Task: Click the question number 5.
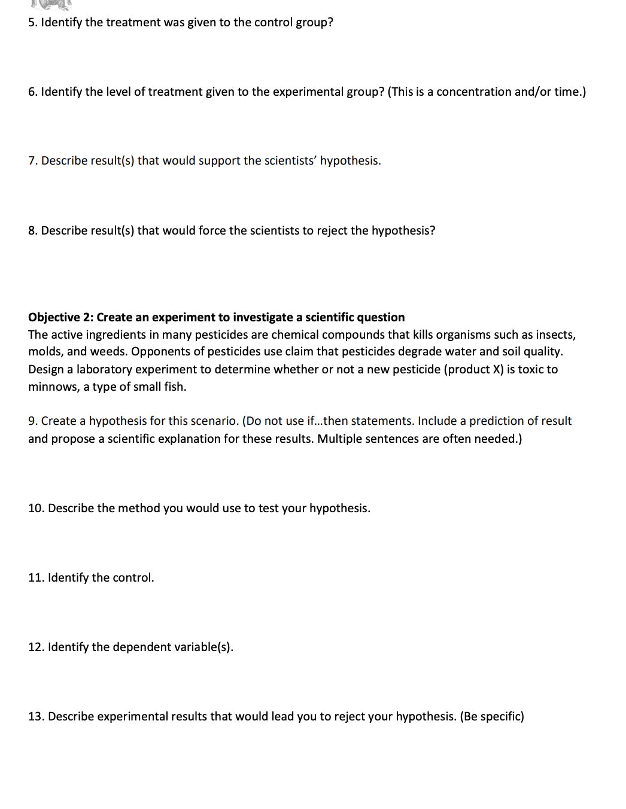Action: [32, 23]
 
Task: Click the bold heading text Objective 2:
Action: [60, 318]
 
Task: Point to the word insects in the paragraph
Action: [555, 335]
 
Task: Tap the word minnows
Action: [53, 387]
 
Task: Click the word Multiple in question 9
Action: [339, 439]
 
